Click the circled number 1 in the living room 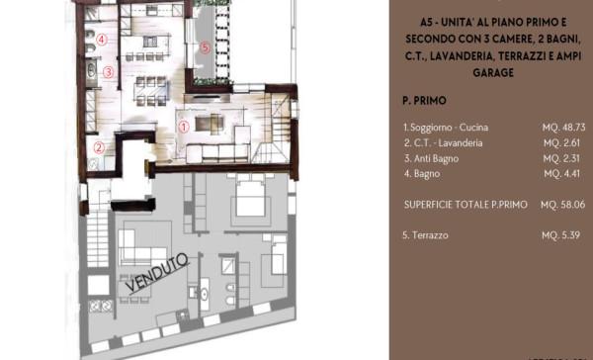(183, 127)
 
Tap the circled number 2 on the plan (98, 148)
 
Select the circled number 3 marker (109, 72)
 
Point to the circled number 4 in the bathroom (102, 41)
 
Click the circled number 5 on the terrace (205, 46)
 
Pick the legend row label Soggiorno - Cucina (446, 128)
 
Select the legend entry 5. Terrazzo (426, 237)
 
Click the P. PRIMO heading (423, 101)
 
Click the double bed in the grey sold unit (248, 205)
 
